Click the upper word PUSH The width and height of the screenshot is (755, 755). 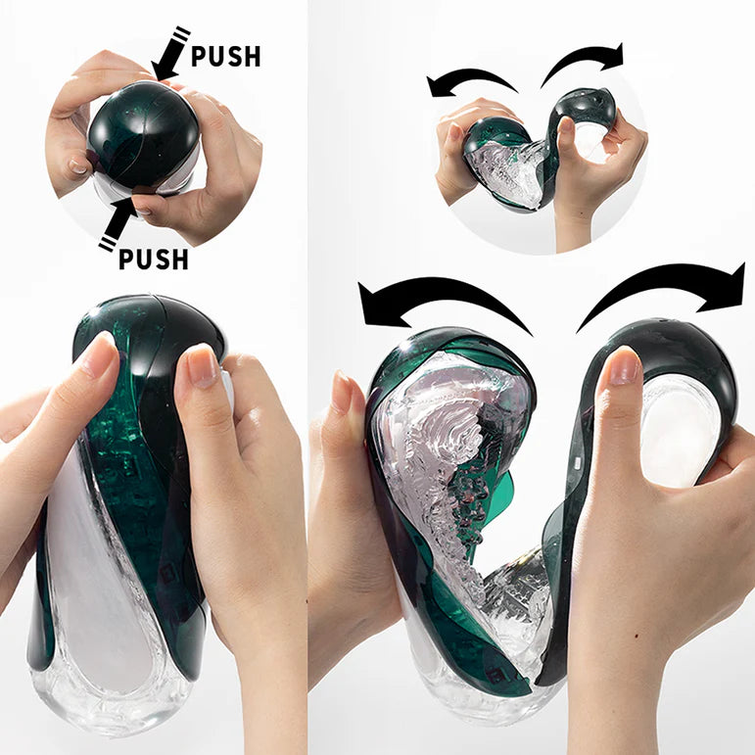pyautogui.click(x=226, y=56)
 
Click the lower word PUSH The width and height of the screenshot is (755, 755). pyautogui.click(x=153, y=260)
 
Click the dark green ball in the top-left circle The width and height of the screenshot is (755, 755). pyautogui.click(x=143, y=134)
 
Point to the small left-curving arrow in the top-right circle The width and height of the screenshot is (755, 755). pyautogui.click(x=470, y=80)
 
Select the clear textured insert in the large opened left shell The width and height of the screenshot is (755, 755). pyautogui.click(x=446, y=450)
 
